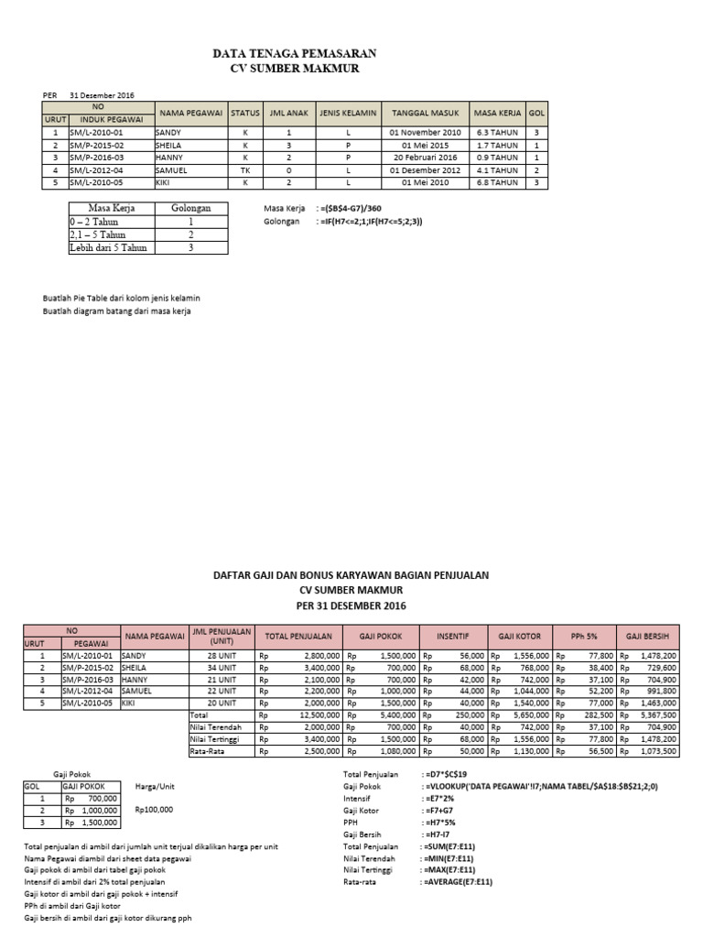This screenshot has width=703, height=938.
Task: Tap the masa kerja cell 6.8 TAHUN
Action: (x=498, y=182)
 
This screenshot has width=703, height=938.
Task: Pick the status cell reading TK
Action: (x=245, y=169)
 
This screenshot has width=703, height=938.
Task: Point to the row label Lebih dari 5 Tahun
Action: (x=107, y=247)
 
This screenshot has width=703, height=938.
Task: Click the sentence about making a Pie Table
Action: (x=122, y=299)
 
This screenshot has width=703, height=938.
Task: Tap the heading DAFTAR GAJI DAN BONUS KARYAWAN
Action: (x=351, y=575)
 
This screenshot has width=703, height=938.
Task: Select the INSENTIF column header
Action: (x=453, y=635)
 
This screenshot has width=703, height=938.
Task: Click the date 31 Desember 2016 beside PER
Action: (x=102, y=94)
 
